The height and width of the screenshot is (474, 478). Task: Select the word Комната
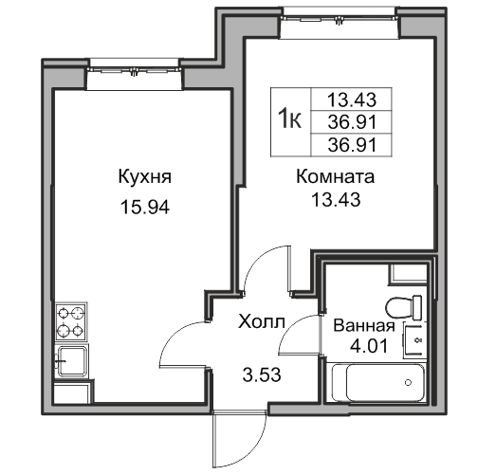click(x=336, y=176)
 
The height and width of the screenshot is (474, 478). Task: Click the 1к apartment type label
click(x=290, y=118)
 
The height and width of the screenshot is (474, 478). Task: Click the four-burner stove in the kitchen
click(x=70, y=321)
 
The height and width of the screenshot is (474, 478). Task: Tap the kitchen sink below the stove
click(x=70, y=360)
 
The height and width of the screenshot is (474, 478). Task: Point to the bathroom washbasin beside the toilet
click(x=415, y=338)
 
